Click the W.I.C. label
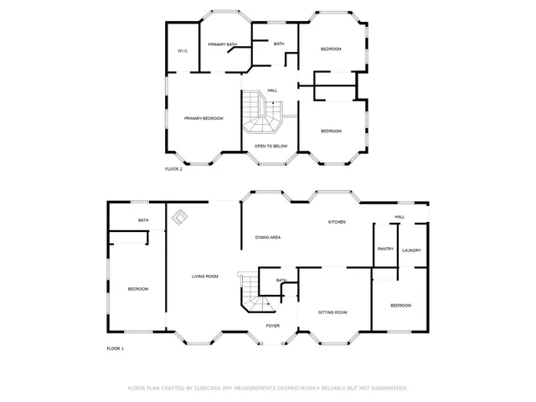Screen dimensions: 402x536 (182, 52)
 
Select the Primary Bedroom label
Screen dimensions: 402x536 (204, 119)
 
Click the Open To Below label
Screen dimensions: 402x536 (271, 146)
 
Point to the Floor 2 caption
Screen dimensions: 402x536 (173, 169)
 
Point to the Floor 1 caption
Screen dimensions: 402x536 (115, 348)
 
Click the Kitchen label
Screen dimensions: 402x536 (337, 222)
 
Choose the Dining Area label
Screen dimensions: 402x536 (268, 238)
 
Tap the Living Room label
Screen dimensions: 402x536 (205, 276)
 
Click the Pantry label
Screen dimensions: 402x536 (385, 249)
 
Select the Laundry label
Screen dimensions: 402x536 (411, 250)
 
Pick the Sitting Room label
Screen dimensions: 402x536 (332, 312)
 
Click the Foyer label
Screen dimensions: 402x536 (273, 325)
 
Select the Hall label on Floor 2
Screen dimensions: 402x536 (272, 90)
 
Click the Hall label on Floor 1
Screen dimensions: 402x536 (399, 217)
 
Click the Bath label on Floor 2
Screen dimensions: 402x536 (279, 44)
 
